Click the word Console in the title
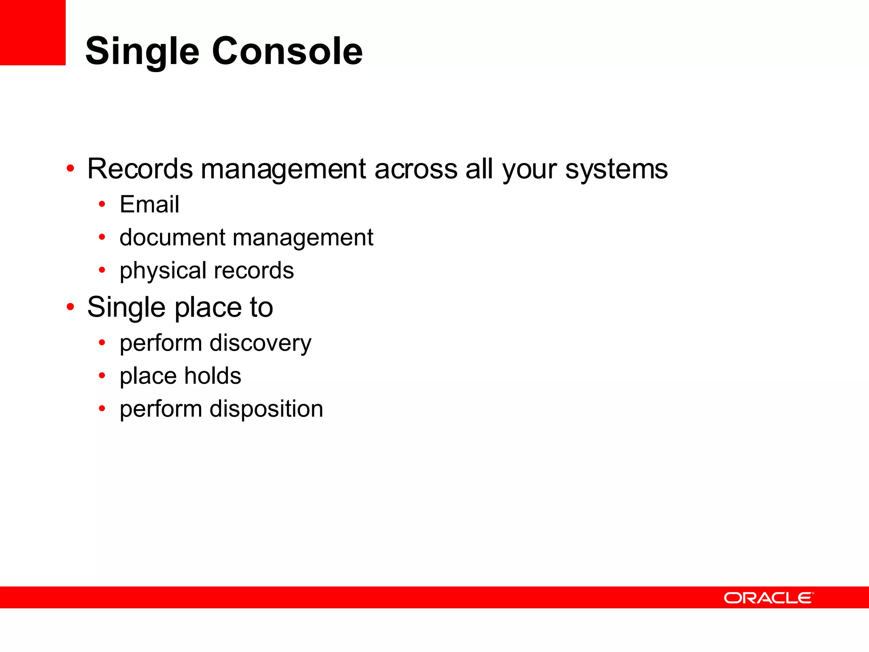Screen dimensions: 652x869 (x=287, y=51)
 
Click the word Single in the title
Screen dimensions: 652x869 (x=142, y=51)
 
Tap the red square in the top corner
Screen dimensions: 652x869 (x=33, y=32)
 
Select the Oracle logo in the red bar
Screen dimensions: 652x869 (x=768, y=598)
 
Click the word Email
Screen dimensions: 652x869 (x=149, y=204)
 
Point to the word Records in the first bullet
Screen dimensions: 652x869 (x=140, y=169)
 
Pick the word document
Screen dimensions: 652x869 (x=172, y=237)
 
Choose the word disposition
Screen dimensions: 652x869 (x=266, y=409)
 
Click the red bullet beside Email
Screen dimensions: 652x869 (x=102, y=205)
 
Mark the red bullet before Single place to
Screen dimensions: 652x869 (x=70, y=306)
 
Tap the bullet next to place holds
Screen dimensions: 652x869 (x=102, y=376)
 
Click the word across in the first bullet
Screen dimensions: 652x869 (x=416, y=169)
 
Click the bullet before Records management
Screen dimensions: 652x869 (x=70, y=169)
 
